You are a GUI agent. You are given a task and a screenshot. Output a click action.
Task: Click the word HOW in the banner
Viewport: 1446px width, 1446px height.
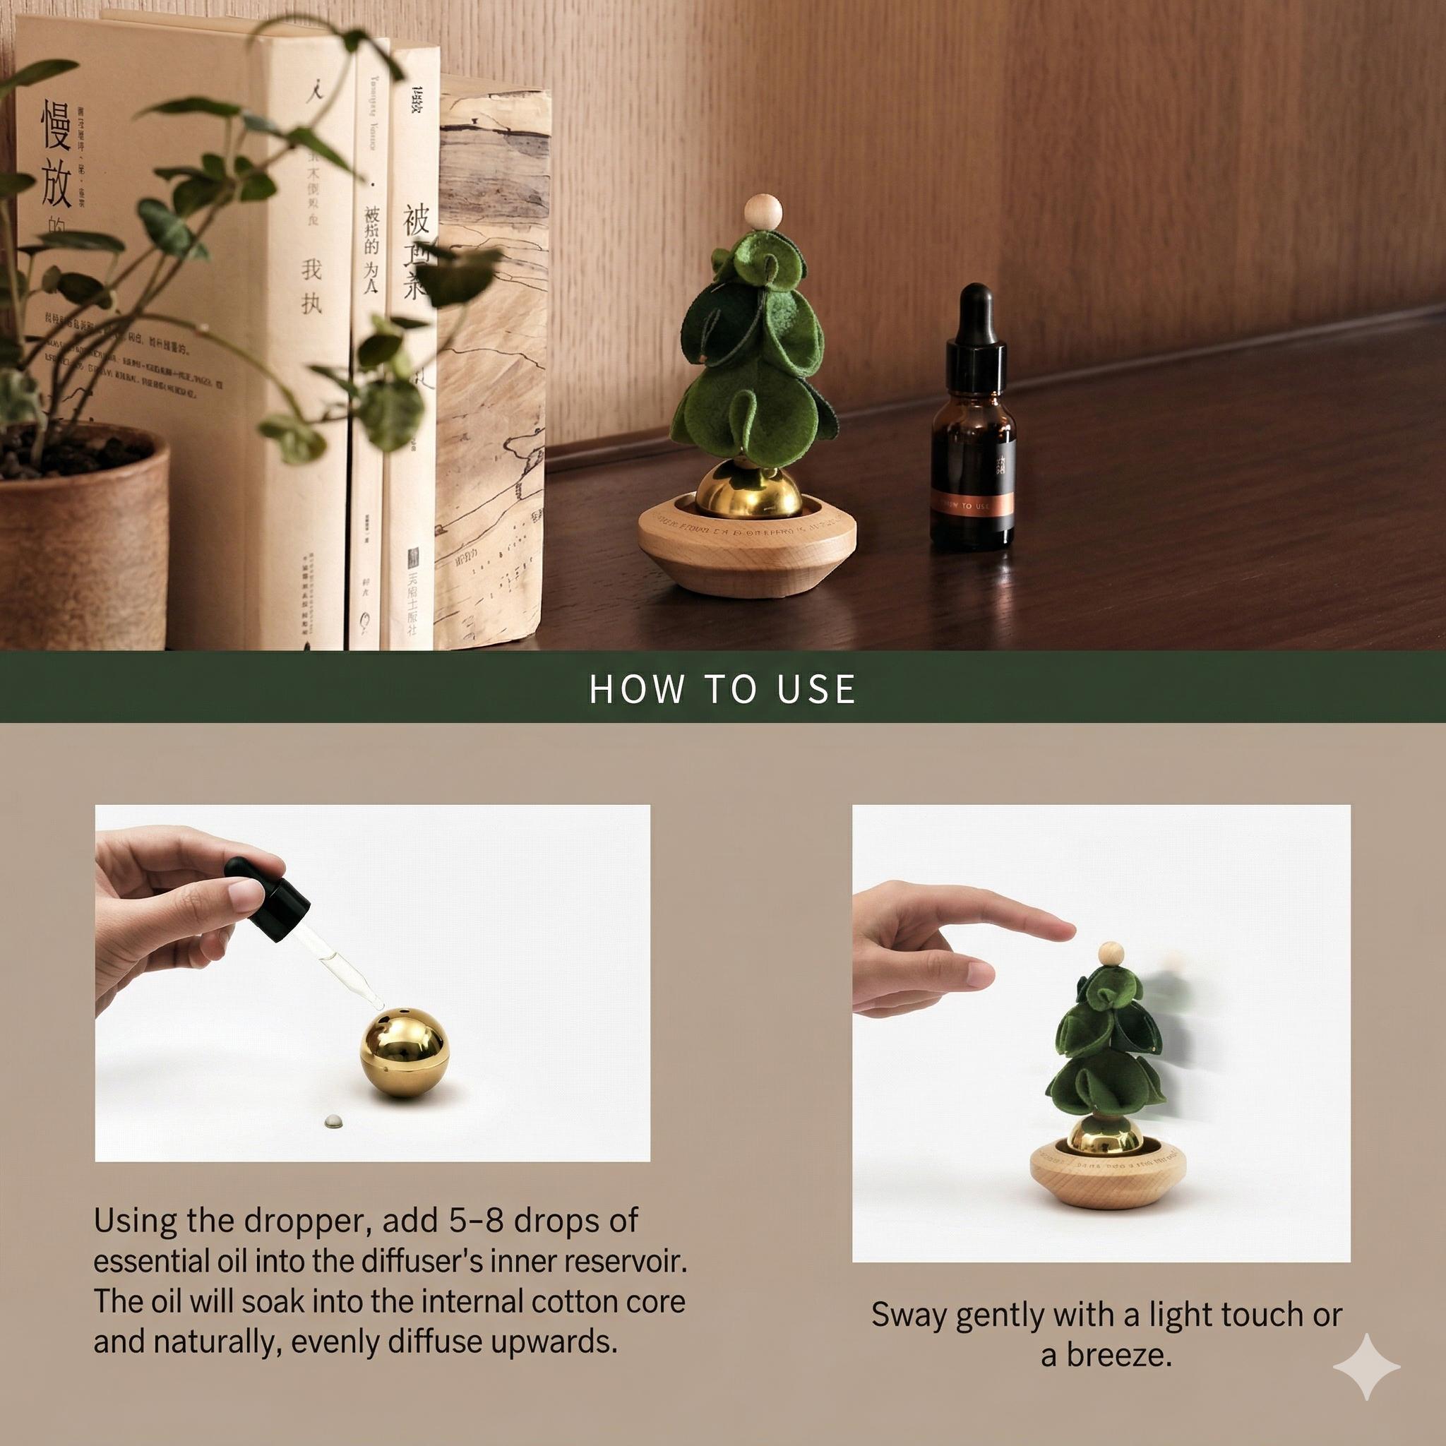pyautogui.click(x=635, y=689)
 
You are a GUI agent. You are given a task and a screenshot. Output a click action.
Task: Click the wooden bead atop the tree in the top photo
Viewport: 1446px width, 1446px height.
pyautogui.click(x=763, y=212)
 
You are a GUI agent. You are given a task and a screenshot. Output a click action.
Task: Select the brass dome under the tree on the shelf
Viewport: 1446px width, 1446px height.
pyautogui.click(x=739, y=489)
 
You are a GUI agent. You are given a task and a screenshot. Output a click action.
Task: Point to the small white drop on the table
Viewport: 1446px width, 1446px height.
pyautogui.click(x=333, y=1121)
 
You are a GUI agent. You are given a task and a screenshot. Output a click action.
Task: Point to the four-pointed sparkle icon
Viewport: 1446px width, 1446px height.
pyautogui.click(x=1366, y=1366)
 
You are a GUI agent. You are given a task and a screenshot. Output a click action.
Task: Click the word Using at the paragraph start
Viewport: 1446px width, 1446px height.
pyautogui.click(x=135, y=1221)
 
